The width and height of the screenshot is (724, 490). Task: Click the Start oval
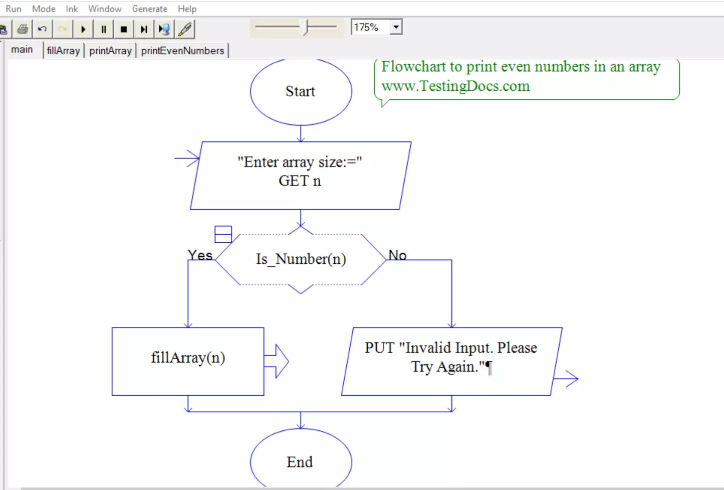tap(301, 91)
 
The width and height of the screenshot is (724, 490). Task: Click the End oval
tap(300, 461)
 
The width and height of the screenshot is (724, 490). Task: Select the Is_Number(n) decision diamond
tap(301, 259)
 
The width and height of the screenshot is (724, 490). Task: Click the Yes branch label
tap(200, 255)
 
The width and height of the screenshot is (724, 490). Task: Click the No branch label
tap(397, 255)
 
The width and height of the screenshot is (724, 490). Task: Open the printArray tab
tap(110, 51)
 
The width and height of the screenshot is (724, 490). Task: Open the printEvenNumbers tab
tap(182, 51)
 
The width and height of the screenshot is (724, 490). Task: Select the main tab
tap(22, 50)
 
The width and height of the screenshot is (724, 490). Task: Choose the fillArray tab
tap(63, 51)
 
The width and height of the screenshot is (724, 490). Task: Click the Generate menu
tap(149, 9)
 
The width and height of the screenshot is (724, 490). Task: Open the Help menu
tap(187, 9)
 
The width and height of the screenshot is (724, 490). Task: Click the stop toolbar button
tap(124, 29)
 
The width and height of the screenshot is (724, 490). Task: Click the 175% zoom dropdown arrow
tap(396, 27)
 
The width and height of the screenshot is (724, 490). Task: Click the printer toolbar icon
tap(23, 29)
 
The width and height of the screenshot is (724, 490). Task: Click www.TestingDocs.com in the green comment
tap(455, 86)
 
